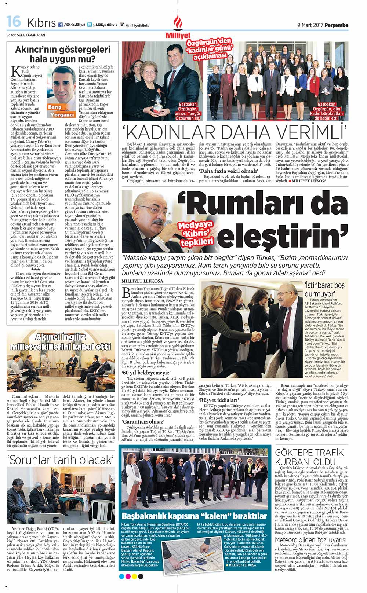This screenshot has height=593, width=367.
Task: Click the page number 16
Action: (x=14, y=22)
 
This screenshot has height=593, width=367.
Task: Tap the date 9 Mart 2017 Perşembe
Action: (x=323, y=25)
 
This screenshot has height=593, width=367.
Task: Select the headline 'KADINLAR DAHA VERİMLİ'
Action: (x=235, y=132)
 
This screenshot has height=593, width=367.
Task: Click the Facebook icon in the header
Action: (x=60, y=25)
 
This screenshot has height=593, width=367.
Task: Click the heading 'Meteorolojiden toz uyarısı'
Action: (x=310, y=540)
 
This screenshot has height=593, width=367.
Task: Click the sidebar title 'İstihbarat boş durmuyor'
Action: (x=324, y=289)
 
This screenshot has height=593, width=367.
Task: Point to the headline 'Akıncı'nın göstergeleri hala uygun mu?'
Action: (x=62, y=54)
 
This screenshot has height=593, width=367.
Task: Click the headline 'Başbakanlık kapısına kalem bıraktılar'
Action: (x=195, y=516)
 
